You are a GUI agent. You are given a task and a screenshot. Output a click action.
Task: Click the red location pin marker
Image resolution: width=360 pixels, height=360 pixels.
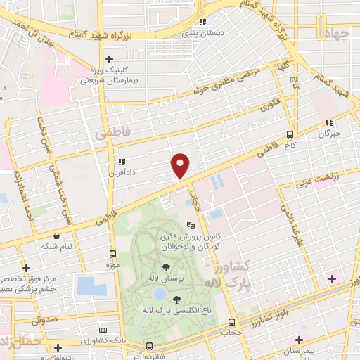click(x=181, y=165)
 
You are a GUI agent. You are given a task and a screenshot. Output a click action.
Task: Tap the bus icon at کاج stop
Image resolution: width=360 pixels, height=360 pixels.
click(x=290, y=135)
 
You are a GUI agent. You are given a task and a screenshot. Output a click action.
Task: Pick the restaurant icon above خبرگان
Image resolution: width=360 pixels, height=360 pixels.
click(x=328, y=122)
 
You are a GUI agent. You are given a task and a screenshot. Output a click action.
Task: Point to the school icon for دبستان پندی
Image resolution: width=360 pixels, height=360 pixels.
click(x=203, y=22)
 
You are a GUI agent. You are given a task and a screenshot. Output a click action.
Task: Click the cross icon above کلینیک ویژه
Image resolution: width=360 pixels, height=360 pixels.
click(x=108, y=60)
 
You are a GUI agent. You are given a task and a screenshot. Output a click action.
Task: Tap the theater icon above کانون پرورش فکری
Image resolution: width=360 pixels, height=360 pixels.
click(x=191, y=226)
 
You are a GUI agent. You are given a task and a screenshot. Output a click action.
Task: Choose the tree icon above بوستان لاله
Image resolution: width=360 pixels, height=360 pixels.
click(x=166, y=267)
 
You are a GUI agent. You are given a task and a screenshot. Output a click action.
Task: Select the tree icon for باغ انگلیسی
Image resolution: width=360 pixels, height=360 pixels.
click(x=176, y=300)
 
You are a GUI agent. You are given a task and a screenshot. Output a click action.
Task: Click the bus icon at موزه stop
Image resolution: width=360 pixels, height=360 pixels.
click(x=113, y=253)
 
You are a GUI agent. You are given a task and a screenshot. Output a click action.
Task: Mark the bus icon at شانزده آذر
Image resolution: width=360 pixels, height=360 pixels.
click(x=149, y=346)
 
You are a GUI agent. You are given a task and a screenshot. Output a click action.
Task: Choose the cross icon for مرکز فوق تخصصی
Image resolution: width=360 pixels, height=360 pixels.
click(x=26, y=268)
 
